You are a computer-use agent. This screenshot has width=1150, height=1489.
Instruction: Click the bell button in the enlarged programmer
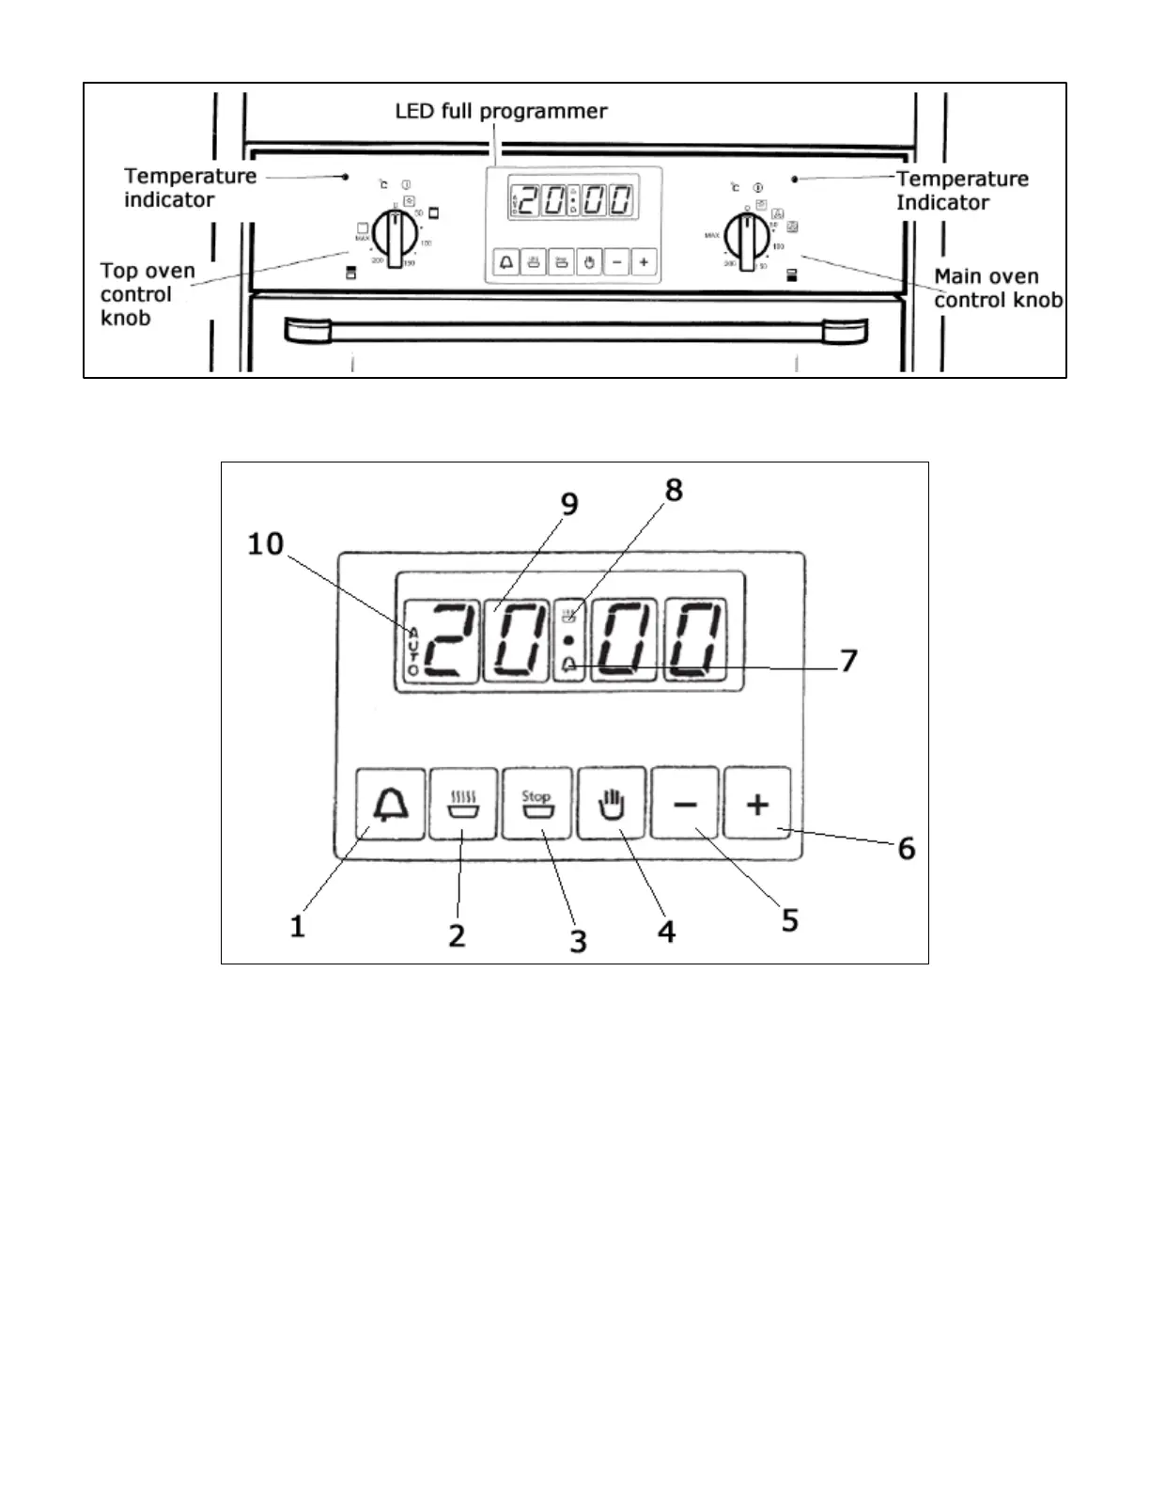click(x=391, y=805)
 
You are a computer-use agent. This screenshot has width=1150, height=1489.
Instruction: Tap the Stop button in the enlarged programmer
click(x=536, y=805)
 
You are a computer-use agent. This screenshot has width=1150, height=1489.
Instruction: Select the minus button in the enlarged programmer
click(x=686, y=805)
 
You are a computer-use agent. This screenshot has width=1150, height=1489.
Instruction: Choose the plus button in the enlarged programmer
click(x=757, y=805)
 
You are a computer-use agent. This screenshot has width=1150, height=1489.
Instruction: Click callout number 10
click(x=265, y=543)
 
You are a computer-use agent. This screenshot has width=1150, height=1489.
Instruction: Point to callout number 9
click(x=569, y=504)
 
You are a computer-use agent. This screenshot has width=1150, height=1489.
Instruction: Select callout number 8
click(x=673, y=490)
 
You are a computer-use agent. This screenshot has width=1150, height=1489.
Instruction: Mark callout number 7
click(x=848, y=661)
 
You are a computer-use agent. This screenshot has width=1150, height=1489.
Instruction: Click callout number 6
click(x=906, y=848)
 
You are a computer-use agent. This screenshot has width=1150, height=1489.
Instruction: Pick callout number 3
click(x=578, y=940)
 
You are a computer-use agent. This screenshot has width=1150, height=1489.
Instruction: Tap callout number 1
click(x=297, y=927)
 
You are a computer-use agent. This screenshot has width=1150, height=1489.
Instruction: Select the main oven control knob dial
click(x=747, y=238)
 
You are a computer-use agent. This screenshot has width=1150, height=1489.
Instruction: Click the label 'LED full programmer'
click(x=501, y=111)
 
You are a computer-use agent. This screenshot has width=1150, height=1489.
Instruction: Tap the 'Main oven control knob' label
click(x=998, y=288)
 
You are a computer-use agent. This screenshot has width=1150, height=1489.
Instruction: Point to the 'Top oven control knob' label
click(x=147, y=294)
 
